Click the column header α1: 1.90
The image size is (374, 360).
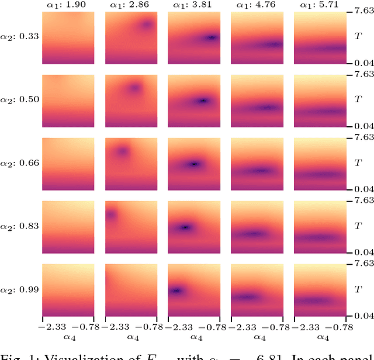(68, 5)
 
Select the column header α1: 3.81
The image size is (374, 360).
(195, 5)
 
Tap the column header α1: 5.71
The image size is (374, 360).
(320, 5)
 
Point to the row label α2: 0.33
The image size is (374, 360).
(20, 36)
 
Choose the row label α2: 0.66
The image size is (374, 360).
(20, 163)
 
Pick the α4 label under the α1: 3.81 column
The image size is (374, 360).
(195, 338)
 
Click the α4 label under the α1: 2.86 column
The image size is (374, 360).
(131, 338)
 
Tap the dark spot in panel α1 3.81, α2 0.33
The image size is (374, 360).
(212, 37)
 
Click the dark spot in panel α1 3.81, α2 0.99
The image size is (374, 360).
(175, 290)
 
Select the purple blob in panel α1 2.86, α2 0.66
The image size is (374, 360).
(122, 151)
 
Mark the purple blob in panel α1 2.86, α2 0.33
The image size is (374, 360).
(146, 25)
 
